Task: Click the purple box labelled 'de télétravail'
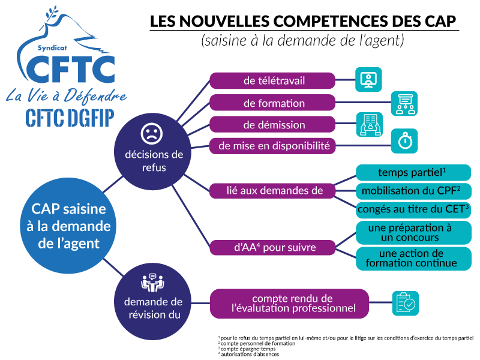272,81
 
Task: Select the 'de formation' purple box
272,103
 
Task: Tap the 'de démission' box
272,124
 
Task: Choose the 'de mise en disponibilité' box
272,146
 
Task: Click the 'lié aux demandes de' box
272,191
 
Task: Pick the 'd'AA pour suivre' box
272,247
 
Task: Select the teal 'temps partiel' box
413,172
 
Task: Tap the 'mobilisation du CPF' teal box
413,191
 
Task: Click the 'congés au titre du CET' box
413,209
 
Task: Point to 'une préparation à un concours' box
413,233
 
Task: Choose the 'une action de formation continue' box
413,259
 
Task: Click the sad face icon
152,133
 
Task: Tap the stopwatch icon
404,141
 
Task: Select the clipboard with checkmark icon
406,303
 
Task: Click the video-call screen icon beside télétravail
368,80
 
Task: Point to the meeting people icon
152,283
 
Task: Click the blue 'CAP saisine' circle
68,226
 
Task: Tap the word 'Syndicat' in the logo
52,48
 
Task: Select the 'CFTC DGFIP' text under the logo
70,118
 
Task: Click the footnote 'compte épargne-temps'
248,349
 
